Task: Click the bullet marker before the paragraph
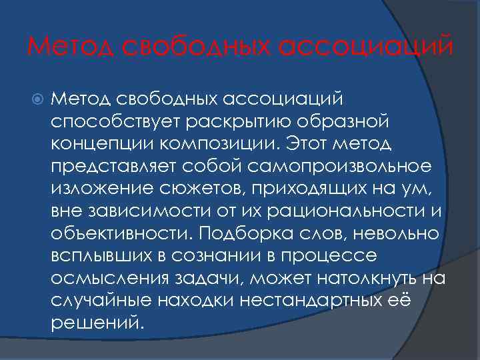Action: click(x=37, y=99)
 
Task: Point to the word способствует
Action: click(x=107, y=122)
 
